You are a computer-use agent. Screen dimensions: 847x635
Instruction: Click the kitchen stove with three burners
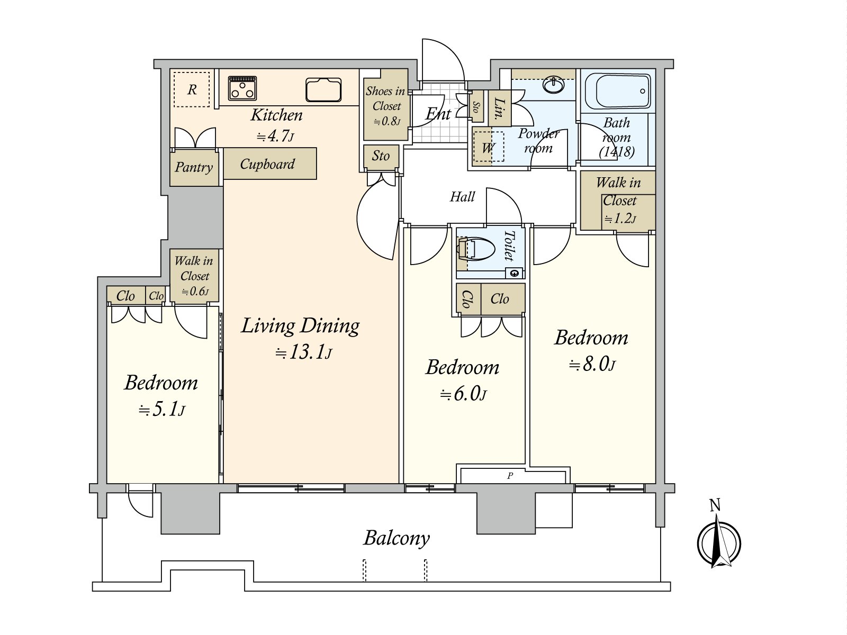(x=242, y=88)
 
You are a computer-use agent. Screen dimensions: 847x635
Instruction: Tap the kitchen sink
(x=323, y=90)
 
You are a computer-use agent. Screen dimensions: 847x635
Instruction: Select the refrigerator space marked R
(x=192, y=89)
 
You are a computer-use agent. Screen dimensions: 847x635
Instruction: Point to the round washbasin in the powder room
(x=553, y=85)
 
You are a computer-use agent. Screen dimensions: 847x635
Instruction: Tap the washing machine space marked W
(x=488, y=147)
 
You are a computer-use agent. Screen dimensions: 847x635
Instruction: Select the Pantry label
(x=194, y=167)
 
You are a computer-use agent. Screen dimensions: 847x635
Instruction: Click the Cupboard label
(x=267, y=164)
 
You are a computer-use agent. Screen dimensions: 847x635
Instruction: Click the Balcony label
(x=397, y=539)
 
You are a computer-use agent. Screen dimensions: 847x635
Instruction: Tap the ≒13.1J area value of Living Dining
(x=303, y=352)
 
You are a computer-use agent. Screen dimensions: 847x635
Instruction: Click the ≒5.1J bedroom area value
(x=161, y=409)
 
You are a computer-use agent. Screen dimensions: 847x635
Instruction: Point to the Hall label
(x=462, y=197)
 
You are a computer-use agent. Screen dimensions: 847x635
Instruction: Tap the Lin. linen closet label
(x=500, y=108)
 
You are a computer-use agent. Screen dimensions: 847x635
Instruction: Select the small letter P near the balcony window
(x=510, y=476)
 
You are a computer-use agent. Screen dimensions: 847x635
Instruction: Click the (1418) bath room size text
(x=617, y=152)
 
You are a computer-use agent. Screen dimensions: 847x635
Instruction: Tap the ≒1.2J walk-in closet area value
(x=620, y=219)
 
